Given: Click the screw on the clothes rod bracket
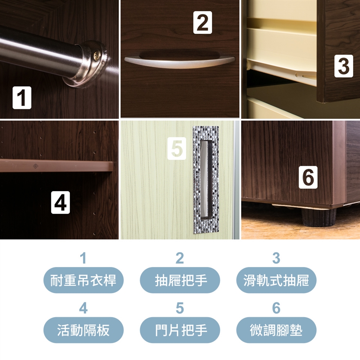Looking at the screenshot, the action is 96,56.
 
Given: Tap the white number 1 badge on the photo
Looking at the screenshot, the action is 22,97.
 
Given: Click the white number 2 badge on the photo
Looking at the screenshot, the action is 202,22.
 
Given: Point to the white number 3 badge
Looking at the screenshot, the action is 344,66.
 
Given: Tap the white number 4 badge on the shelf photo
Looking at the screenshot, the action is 60,202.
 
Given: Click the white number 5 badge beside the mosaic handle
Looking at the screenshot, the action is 177,148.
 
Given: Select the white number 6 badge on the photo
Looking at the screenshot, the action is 308,177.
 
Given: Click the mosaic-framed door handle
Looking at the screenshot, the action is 206,180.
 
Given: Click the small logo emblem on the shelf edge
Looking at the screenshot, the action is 36,166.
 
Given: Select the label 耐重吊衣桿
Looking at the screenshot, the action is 83,280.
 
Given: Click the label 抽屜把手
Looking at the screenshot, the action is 180,280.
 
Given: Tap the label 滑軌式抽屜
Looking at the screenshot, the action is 276,280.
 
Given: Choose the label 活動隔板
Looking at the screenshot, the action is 83,330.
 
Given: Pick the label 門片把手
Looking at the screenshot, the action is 180,330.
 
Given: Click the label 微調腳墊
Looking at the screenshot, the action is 276,330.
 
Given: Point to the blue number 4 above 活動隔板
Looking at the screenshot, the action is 83,308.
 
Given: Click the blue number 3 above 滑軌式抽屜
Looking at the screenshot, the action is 276,258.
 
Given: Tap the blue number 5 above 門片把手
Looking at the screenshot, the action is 180,308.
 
